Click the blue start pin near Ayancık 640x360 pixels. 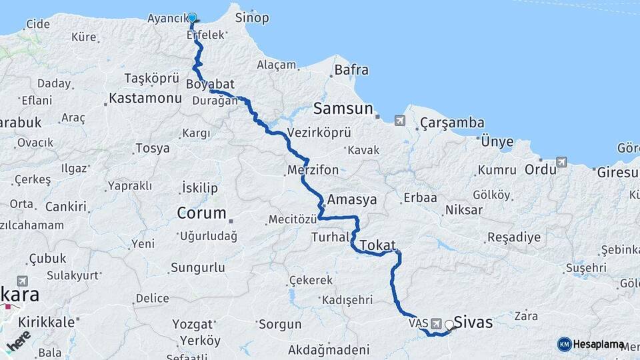point(192,18)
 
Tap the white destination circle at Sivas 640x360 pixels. point(449,325)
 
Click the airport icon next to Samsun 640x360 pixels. point(399,121)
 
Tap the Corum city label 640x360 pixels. point(201,213)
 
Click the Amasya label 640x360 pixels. point(352,199)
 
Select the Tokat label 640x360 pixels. point(378,245)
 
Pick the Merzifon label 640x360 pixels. point(313,170)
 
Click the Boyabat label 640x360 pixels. point(211,85)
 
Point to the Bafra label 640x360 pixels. point(351,69)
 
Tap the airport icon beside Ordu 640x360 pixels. point(561,162)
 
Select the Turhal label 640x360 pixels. point(330,237)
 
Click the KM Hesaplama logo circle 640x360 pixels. point(564,344)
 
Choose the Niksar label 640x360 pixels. point(465,210)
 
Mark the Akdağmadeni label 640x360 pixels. point(329,349)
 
